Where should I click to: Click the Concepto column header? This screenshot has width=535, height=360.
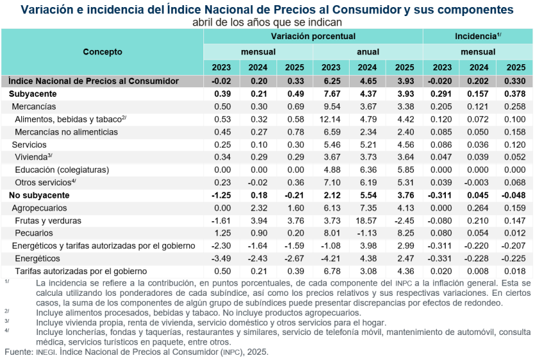102,52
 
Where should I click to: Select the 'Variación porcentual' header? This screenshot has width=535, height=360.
313,37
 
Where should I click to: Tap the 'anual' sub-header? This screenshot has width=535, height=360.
368,52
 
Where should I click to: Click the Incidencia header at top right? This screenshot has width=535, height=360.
477,37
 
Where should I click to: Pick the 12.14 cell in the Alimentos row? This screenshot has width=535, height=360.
331,119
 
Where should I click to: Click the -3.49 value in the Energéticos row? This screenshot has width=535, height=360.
221,259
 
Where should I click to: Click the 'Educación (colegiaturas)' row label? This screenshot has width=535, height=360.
62,170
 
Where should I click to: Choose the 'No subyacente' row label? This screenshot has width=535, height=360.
37,196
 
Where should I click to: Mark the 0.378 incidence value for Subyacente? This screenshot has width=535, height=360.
516,94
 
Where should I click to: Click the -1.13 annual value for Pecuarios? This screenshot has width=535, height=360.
368,234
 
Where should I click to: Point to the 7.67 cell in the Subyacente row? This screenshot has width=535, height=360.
331,94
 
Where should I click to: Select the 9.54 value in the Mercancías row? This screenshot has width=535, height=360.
331,107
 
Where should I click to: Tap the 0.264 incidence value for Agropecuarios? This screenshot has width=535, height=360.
479,209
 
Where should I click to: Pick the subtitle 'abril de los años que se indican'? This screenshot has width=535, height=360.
267,22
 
